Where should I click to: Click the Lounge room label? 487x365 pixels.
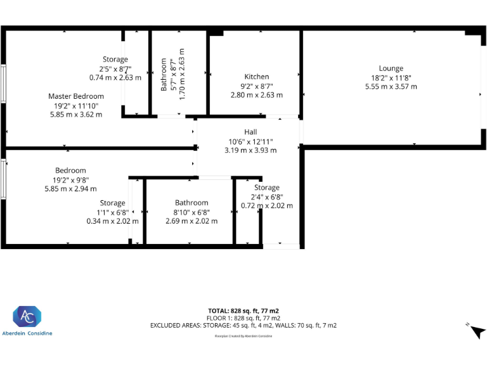click(391, 68)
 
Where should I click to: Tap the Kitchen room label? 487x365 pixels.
click(256, 77)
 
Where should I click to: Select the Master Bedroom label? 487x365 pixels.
click(76, 96)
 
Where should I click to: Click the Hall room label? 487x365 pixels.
click(250, 132)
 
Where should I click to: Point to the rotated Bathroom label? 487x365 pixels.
click(164, 74)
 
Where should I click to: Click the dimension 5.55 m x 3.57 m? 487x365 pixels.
click(391, 86)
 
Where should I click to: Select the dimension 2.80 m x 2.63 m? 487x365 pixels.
click(256, 94)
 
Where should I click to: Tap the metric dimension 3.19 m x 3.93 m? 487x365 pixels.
click(250, 150)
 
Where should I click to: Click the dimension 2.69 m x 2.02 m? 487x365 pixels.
click(192, 221)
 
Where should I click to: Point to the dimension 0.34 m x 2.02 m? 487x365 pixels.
click(112, 221)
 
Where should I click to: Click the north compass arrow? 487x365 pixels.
click(476, 331)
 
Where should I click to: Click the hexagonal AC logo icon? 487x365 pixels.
click(27, 317)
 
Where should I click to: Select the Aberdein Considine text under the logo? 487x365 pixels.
click(27, 333)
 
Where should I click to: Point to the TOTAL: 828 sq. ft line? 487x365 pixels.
click(243, 311)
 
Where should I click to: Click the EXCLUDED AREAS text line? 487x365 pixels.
click(243, 325)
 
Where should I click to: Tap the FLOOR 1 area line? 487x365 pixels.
click(243, 317)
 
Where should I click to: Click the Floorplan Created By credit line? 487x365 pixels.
click(243, 336)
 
